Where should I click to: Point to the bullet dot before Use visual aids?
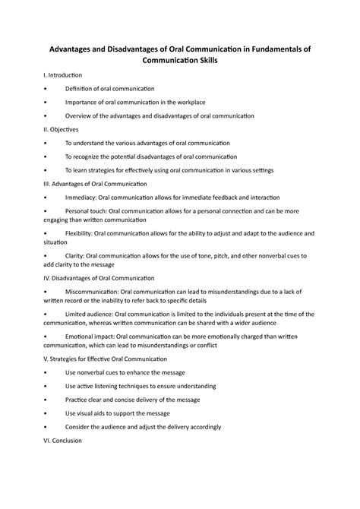pos(47,413)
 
